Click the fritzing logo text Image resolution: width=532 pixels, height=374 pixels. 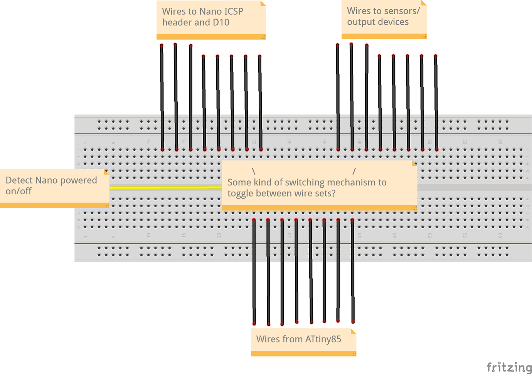pyautogui.click(x=509, y=367)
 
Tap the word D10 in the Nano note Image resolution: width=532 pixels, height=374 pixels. pyautogui.click(x=221, y=22)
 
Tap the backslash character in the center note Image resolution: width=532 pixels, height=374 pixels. pyautogui.click(x=253, y=171)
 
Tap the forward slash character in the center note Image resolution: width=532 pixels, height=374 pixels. pyautogui.click(x=354, y=171)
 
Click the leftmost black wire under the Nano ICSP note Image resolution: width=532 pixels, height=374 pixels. pyautogui.click(x=162, y=96)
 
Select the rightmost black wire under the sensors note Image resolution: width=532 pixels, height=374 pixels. pyautogui.click(x=436, y=102)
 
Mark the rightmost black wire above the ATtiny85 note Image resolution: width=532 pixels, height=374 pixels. pyautogui.click(x=353, y=270)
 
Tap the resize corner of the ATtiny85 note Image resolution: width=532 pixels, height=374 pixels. pyautogui.click(x=354, y=354)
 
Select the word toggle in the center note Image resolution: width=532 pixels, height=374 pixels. pyautogui.click(x=240, y=194)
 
